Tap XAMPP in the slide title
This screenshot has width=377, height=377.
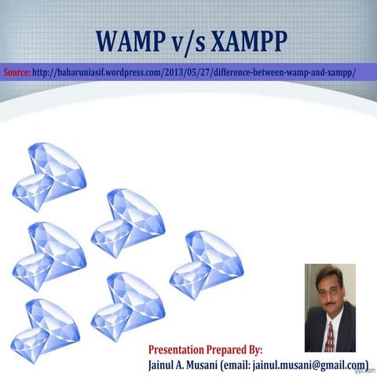(x=245, y=42)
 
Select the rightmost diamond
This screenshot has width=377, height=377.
(x=207, y=264)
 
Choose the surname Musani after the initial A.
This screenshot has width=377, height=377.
(x=207, y=364)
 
